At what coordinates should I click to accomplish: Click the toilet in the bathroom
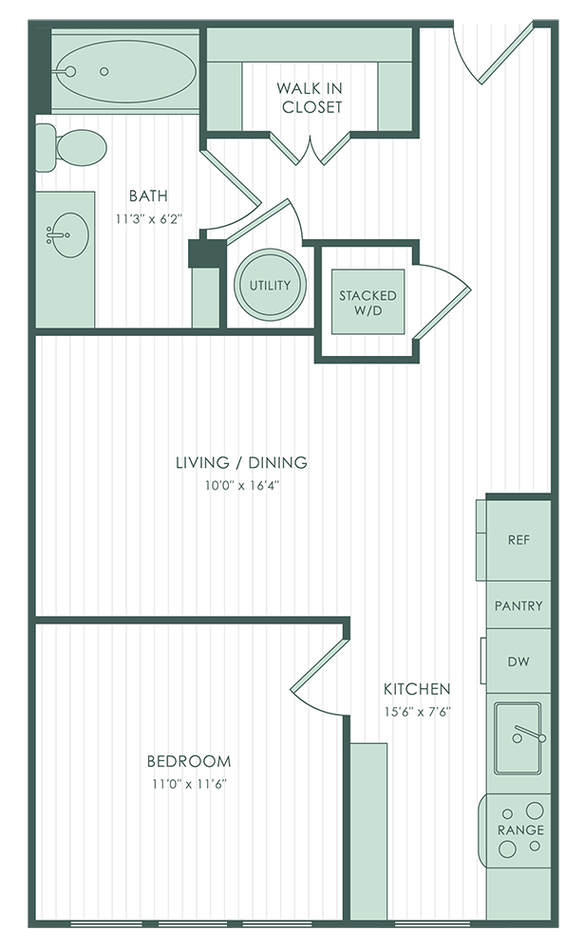(71, 147)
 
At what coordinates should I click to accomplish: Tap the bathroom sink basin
(67, 234)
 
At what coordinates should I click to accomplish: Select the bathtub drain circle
(104, 71)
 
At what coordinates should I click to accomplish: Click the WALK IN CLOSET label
(311, 98)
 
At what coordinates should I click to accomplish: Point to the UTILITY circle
(271, 285)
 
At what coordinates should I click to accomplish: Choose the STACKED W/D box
(367, 302)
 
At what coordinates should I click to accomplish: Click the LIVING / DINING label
(242, 462)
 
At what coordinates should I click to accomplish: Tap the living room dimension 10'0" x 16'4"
(242, 485)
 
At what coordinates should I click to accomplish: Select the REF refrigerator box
(518, 540)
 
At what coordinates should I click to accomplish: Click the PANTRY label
(518, 605)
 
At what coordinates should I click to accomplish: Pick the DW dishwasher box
(518, 661)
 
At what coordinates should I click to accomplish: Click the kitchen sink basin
(518, 737)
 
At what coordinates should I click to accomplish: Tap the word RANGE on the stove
(520, 829)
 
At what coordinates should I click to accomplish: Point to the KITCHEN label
(417, 689)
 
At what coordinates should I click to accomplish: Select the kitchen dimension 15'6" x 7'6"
(418, 712)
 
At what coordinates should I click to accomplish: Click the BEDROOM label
(189, 761)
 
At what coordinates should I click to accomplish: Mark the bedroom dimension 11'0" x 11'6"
(189, 785)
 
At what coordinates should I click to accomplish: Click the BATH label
(148, 196)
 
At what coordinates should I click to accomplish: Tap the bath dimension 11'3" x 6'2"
(149, 219)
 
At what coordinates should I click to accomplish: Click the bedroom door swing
(317, 676)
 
